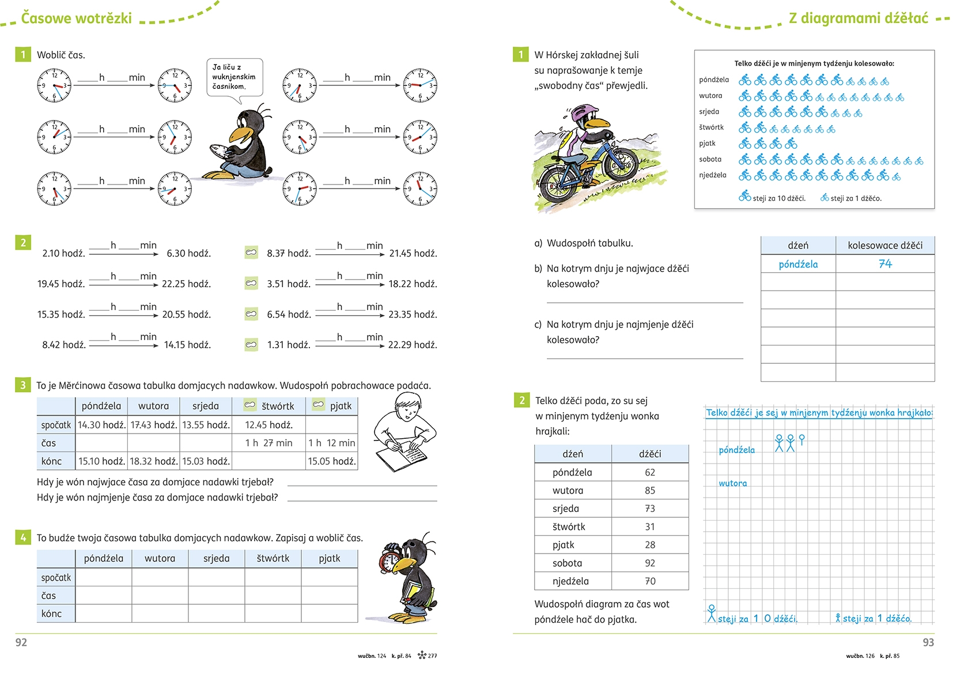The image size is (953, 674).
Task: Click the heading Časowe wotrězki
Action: tap(77, 18)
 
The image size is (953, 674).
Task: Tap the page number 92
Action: tap(21, 642)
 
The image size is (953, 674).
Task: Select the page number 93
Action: tap(928, 642)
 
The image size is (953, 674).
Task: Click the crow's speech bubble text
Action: tap(233, 77)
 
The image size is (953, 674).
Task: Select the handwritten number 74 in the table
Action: tap(885, 263)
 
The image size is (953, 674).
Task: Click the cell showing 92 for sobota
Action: tap(650, 563)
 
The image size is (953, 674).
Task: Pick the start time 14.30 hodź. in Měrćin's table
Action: tap(101, 425)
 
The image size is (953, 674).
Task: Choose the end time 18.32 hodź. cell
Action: tap(154, 461)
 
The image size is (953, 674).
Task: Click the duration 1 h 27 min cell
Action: tap(269, 443)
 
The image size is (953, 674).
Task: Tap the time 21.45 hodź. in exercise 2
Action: tap(413, 253)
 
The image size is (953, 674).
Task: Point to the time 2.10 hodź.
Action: tap(63, 253)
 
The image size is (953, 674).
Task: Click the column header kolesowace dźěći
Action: tap(885, 245)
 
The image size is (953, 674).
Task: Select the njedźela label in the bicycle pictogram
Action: tap(713, 175)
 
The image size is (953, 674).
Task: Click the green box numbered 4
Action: tap(23, 538)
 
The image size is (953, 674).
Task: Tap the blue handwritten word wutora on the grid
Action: tap(733, 483)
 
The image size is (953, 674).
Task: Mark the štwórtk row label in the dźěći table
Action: tap(569, 526)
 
